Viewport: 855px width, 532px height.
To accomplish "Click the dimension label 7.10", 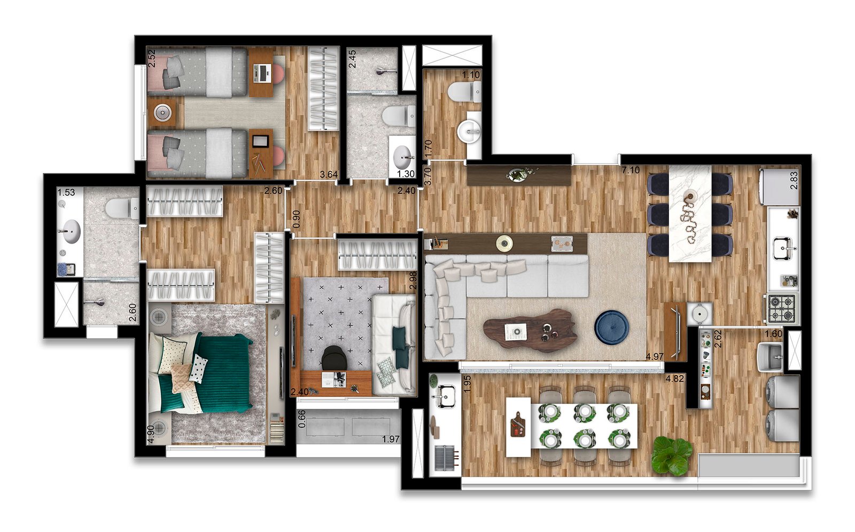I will [x=630, y=170].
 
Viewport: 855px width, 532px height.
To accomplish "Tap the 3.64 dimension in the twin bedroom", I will [x=329, y=175].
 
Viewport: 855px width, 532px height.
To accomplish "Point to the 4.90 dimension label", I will [x=151, y=434].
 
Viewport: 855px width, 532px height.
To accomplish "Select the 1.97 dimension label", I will [x=391, y=439].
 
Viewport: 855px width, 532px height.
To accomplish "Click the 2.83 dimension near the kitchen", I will [x=794, y=180].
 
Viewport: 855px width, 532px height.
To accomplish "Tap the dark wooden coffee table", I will [x=532, y=330].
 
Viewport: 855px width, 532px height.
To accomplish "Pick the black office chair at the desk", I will [x=335, y=357].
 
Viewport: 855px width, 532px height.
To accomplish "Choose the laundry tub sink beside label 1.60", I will [x=770, y=356].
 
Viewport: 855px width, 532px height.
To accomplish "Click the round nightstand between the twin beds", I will [x=162, y=113].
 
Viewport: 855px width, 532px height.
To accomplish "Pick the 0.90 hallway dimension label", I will [x=297, y=219].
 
